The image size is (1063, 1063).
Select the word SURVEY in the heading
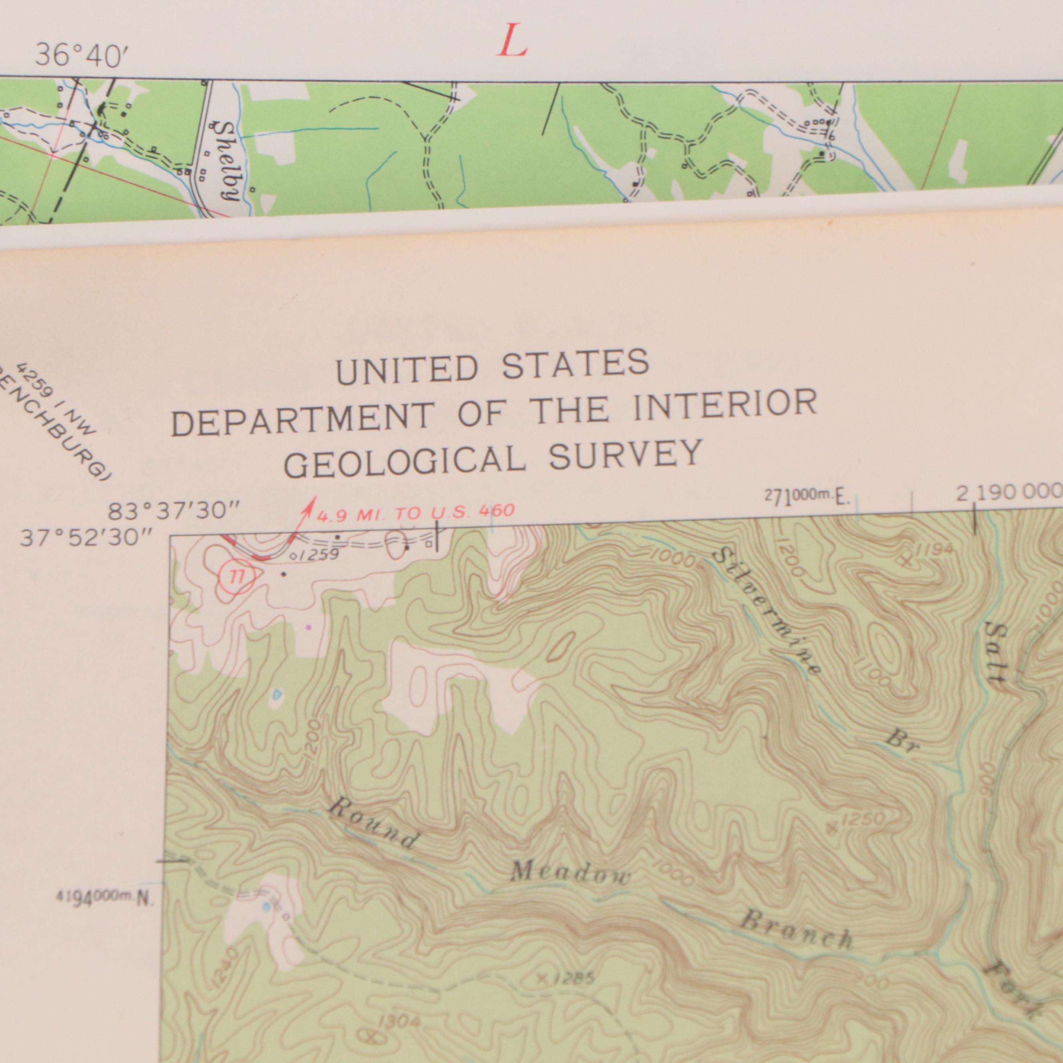point(626,454)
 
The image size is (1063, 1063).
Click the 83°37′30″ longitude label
point(174,511)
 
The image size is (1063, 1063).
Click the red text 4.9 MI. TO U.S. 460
point(415,512)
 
